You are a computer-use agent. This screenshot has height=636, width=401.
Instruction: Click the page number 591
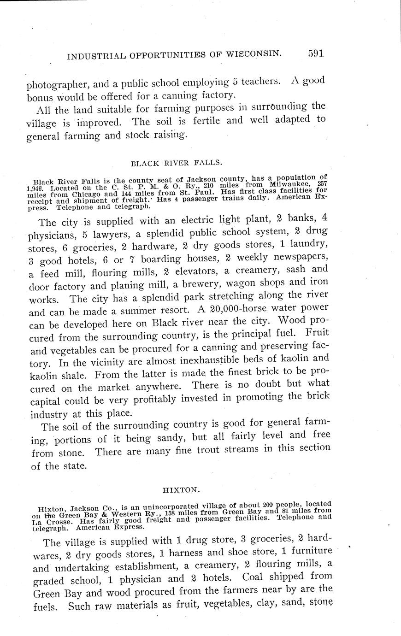pyautogui.click(x=316, y=53)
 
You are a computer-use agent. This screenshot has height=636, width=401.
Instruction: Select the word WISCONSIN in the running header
pyautogui.click(x=253, y=54)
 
